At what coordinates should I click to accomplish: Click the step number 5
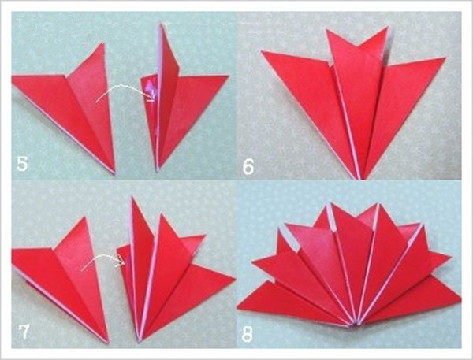pos(22,164)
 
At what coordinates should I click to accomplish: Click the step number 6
pos(248,167)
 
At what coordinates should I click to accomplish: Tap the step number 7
pos(24,332)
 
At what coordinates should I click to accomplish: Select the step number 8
pos(247,334)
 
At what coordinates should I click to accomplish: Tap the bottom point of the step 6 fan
pos(361,179)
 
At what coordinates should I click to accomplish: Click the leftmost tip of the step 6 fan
pos(262,51)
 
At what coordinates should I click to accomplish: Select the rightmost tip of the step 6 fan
pos(445,58)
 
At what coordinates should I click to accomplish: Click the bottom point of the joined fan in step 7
pos(140,342)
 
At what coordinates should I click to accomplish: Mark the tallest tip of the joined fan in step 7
pos(132,197)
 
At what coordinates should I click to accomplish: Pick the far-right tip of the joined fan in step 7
pos(235,279)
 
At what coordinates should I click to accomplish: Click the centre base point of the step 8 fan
pos(355,325)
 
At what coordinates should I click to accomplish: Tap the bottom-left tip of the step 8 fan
pos(237,308)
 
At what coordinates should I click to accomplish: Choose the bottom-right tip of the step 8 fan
pos(460,299)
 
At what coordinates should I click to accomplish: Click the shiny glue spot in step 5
pos(151,87)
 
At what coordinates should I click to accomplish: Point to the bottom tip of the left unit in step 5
pos(114,173)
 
